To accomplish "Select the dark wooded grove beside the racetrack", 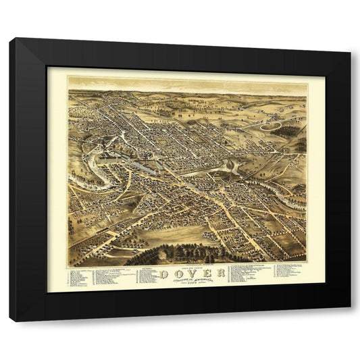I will [x=290, y=130].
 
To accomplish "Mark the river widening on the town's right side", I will [x=230, y=166].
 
